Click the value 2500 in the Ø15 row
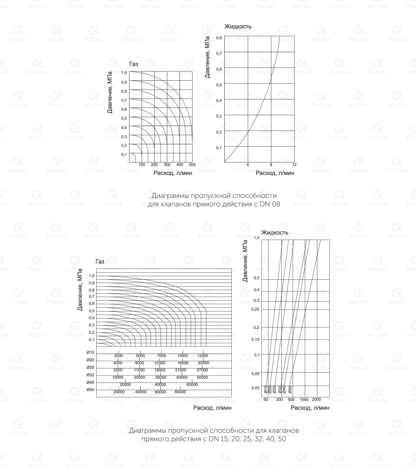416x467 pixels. [x=118, y=356]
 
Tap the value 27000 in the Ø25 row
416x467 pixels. [x=202, y=370]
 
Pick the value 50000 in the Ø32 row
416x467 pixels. [x=202, y=377]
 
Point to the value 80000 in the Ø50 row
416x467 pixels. [x=180, y=392]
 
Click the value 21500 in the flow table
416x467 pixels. [x=180, y=370]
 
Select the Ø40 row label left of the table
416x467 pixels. [x=90, y=382]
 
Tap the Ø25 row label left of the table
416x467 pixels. [x=90, y=368]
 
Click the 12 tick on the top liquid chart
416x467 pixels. [x=294, y=165]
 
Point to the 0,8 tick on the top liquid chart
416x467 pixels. [x=219, y=38]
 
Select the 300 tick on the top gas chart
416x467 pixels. [x=167, y=165]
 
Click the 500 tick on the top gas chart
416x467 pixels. [x=192, y=165]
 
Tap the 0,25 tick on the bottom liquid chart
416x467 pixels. [x=255, y=309]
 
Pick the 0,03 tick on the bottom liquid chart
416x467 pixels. [x=255, y=388]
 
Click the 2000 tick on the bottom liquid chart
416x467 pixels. [x=316, y=400]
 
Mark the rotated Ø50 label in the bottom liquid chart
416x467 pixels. [x=290, y=389]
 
